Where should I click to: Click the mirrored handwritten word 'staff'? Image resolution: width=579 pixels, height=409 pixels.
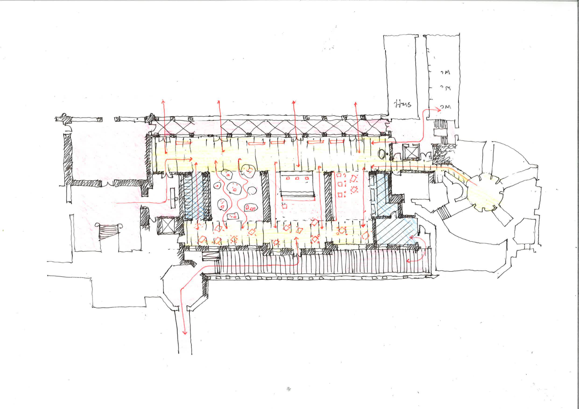point(403,104)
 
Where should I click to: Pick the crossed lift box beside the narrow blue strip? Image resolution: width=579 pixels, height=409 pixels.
point(166,226)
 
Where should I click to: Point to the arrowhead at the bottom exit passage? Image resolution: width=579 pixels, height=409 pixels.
point(185,333)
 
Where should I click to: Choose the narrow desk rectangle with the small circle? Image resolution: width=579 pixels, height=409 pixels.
point(173,198)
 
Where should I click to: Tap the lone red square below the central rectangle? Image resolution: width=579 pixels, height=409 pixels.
point(285,206)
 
